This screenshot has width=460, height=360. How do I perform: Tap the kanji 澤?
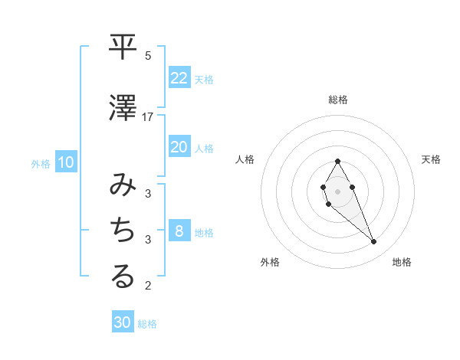tap(123, 109)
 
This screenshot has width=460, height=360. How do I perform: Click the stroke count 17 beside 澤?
tap(148, 117)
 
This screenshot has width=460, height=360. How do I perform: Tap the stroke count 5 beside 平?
tap(148, 55)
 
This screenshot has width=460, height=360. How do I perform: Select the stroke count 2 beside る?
tap(148, 286)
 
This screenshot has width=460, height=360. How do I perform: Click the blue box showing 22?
tap(179, 78)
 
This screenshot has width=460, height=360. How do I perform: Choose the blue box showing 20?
tap(179, 147)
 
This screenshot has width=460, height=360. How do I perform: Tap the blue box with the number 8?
tap(179, 231)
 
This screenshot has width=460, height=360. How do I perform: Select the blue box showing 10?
tap(66, 162)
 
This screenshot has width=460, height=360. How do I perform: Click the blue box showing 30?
tap(123, 322)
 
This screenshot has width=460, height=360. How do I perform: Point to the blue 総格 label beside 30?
tap(147, 324)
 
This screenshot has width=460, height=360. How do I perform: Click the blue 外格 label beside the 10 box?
tap(41, 163)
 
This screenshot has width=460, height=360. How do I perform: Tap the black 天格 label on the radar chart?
tap(431, 159)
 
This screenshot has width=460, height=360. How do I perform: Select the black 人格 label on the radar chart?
tap(245, 159)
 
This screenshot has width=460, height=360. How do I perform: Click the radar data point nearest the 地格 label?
tap(374, 242)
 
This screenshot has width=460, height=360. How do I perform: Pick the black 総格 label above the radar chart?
tap(338, 100)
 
